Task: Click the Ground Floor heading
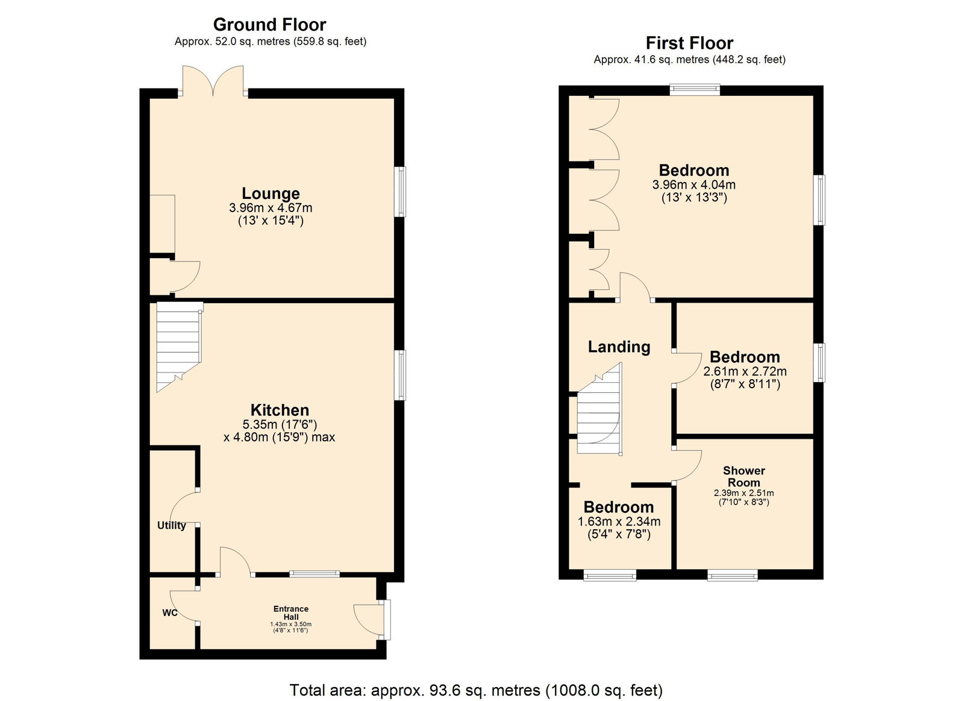270,25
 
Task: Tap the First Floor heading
689,43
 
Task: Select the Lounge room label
271,193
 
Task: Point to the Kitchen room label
280,410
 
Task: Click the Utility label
171,526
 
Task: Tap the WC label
170,613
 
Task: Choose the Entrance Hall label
291,613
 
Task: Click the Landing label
619,347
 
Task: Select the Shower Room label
743,477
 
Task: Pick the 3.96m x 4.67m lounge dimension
271,208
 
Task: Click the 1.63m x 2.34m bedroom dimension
619,521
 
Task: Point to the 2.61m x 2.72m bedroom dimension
745,371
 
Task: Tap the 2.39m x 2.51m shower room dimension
743,493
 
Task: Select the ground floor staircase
179,347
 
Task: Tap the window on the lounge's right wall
400,192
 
